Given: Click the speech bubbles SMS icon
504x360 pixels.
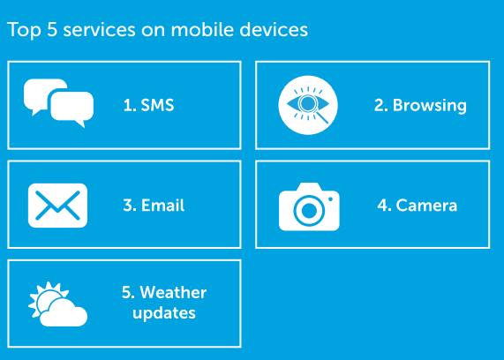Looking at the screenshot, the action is pos(58,103).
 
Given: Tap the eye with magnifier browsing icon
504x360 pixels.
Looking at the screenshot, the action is pos(308,105).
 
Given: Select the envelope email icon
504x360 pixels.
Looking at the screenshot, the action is pos(57,206).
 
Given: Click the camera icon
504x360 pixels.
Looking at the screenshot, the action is pos(309,206).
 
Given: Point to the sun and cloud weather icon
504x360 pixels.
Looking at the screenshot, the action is pos(57,304).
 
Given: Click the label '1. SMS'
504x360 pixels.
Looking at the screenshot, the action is pos(148,105).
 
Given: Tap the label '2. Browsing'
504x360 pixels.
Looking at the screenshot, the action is pos(420,106).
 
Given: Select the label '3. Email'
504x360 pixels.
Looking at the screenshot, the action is pos(154,205).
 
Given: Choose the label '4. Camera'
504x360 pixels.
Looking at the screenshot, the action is pos(417,205).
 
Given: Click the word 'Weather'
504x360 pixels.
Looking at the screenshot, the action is pos(173,293).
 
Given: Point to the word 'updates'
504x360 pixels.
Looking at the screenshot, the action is pos(164,313).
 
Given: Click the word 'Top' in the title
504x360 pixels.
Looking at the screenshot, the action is pos(24,30).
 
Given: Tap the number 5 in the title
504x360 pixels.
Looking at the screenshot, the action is pos(52,30).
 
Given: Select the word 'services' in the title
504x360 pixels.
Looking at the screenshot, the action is pos(100,30).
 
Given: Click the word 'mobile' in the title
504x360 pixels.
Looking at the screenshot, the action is pos(202,29).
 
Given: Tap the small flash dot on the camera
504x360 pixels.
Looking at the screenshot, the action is pos(330,199).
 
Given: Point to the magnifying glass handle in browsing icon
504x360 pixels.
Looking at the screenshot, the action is pos(323,117).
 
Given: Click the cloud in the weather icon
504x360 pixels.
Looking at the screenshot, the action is pos(64,313).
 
